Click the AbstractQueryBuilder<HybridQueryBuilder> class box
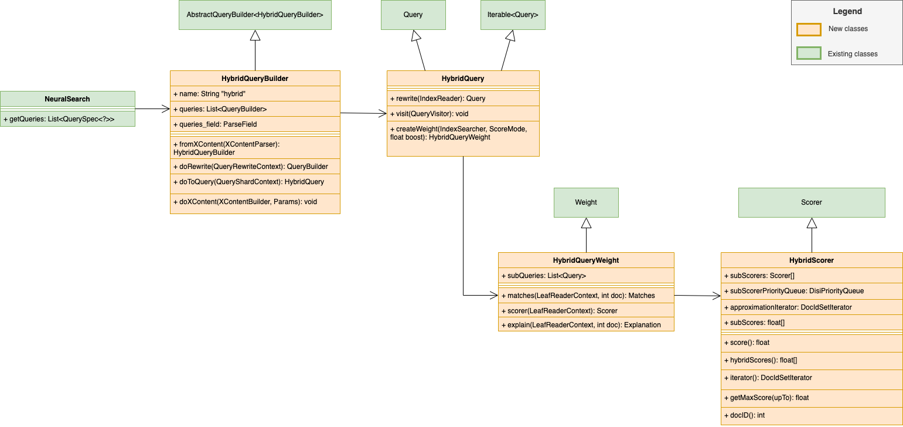click(x=255, y=15)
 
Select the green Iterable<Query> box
click(x=513, y=15)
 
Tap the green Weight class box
click(x=586, y=202)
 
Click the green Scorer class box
click(x=811, y=202)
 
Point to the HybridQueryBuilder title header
click(x=255, y=79)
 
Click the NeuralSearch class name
click(x=67, y=99)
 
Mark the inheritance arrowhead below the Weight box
click(x=586, y=223)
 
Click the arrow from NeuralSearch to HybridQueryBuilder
click(x=152, y=109)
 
